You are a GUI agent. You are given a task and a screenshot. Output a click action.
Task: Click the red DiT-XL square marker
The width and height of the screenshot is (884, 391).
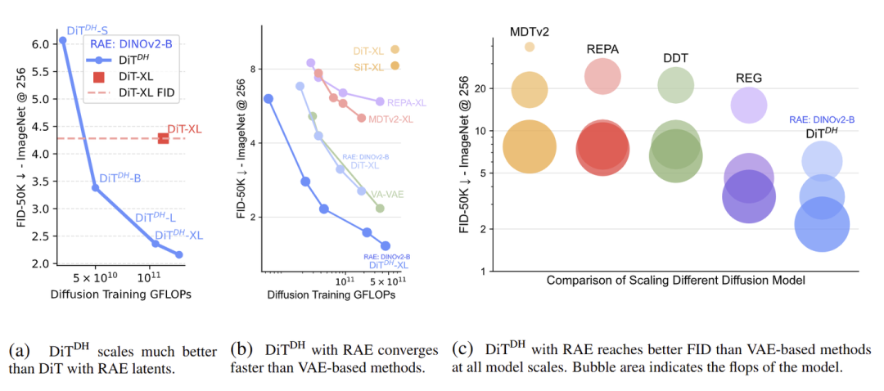[164, 138]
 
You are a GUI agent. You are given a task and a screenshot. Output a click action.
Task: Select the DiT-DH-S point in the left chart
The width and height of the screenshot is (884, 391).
[63, 40]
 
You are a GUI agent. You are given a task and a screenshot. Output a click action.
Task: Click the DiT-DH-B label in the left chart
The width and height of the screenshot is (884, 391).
[120, 178]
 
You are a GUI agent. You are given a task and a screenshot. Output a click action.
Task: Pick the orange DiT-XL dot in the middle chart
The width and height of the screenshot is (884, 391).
[395, 50]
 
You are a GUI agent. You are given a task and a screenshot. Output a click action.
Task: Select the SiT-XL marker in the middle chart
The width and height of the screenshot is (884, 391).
[395, 66]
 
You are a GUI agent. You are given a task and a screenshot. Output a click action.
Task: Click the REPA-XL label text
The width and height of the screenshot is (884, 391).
[406, 103]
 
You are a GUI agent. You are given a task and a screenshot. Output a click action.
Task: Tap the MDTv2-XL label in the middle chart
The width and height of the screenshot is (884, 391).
[390, 119]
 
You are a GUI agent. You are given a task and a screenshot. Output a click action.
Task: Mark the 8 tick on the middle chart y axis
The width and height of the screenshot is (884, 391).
[255, 70]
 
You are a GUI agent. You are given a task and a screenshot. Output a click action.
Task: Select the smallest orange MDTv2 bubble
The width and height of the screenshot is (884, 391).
[530, 47]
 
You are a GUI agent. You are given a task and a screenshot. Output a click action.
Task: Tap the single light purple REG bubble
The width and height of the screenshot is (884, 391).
[749, 104]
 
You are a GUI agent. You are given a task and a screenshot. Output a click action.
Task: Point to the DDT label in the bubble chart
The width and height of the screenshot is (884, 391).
[675, 58]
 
